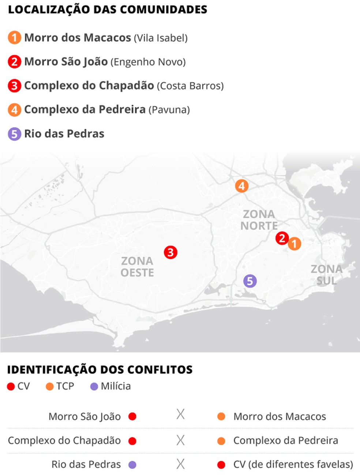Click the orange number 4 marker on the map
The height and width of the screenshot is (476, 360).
[241, 186]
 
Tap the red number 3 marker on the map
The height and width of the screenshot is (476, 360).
[170, 252]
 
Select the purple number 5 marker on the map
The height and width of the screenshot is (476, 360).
[250, 281]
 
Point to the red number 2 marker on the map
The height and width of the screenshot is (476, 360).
[282, 238]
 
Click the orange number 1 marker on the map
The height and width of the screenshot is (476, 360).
[295, 243]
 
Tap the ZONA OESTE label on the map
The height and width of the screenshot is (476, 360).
[137, 267]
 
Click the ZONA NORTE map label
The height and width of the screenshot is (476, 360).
[259, 220]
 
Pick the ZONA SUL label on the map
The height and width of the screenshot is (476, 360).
[326, 275]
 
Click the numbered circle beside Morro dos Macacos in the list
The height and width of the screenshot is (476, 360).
[14, 38]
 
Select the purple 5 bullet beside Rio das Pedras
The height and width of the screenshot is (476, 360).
[14, 134]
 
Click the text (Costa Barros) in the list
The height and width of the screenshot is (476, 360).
[190, 86]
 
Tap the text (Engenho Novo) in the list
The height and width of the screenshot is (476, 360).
[148, 62]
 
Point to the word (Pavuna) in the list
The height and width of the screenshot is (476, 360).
[169, 110]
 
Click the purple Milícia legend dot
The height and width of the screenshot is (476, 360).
[94, 387]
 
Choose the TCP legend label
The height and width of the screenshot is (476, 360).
[65, 386]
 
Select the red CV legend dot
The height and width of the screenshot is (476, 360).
[11, 387]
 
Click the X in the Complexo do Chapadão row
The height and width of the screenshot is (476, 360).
[180, 440]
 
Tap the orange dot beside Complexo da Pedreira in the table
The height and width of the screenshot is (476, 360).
[221, 441]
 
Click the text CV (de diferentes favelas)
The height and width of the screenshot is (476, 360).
[293, 464]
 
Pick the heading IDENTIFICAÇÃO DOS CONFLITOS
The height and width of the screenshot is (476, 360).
[100, 370]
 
